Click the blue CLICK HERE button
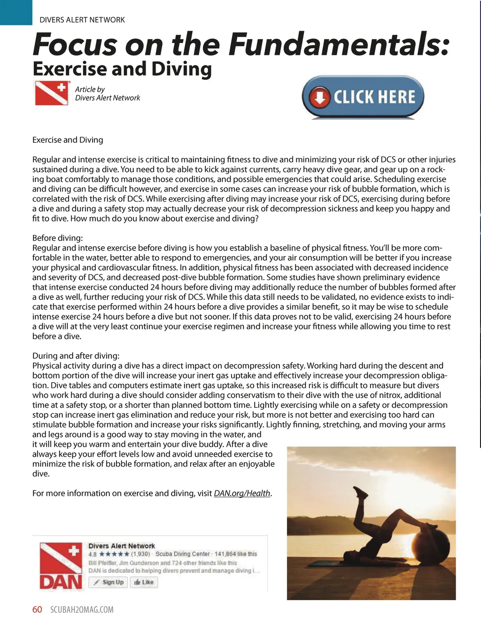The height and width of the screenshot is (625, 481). click(x=363, y=97)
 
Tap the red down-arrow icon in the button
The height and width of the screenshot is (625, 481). click(x=320, y=97)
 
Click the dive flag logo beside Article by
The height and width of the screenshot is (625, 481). click(x=52, y=93)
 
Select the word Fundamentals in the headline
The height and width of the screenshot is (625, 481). click(x=339, y=44)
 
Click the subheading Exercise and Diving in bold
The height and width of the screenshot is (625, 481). click(x=122, y=69)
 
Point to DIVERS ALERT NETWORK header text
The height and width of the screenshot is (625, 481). click(x=82, y=20)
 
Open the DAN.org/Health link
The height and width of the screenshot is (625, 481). click(x=242, y=493)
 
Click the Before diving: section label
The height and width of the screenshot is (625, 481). click(x=57, y=238)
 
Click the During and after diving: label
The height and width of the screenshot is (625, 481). click(x=76, y=356)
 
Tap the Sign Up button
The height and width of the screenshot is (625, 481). click(x=109, y=582)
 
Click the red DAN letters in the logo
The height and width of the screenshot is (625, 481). click(x=61, y=582)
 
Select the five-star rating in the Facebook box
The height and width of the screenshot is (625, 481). click(x=114, y=554)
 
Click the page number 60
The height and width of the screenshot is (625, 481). click(x=37, y=609)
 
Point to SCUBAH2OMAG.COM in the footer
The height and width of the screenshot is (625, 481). click(x=82, y=609)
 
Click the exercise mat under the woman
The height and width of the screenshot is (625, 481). click(x=338, y=563)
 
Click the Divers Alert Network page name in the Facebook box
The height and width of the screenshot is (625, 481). click(x=122, y=546)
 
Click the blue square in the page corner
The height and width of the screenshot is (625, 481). click(x=16, y=12)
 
